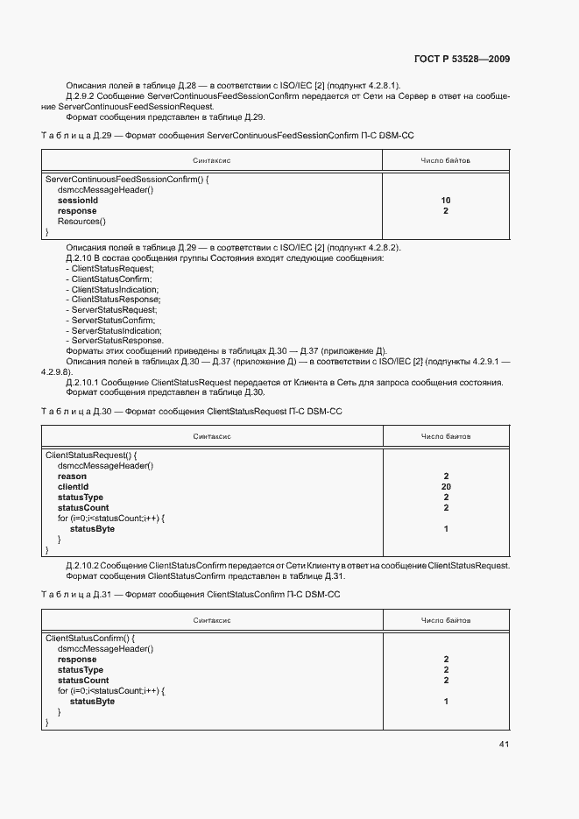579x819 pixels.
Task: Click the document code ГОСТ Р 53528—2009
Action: (461, 59)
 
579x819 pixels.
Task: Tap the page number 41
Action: (504, 745)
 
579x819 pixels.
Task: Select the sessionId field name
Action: (77, 201)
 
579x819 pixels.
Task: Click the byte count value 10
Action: (446, 201)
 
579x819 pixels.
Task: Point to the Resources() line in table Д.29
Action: (81, 222)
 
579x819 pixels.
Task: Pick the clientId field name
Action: (73, 487)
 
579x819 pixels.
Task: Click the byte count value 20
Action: (446, 487)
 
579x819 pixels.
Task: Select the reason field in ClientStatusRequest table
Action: (72, 477)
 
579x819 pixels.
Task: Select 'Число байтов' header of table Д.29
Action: (446, 161)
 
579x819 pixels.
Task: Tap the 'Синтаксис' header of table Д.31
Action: (212, 620)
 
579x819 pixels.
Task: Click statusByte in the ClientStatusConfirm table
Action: (92, 702)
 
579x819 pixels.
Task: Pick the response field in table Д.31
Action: (77, 660)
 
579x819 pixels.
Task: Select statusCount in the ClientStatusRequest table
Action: (83, 508)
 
